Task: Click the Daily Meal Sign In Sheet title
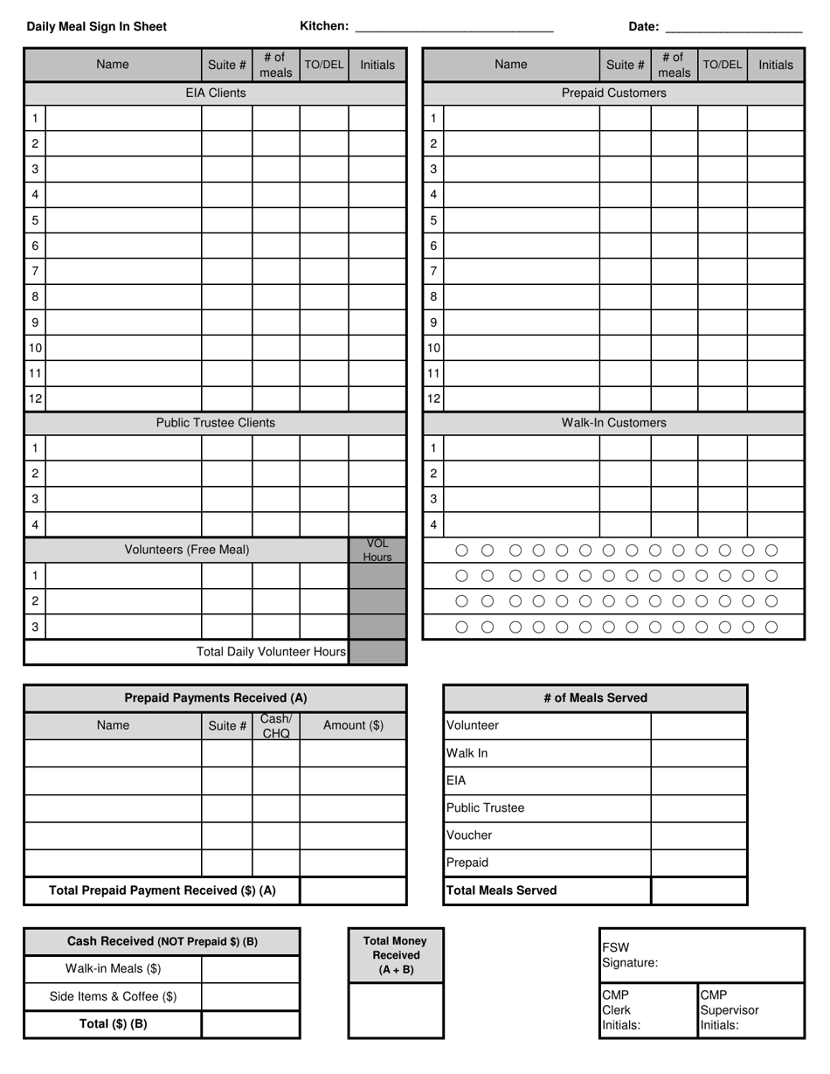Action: [x=96, y=26]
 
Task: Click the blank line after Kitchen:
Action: [x=453, y=27]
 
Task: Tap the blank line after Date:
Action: [x=733, y=27]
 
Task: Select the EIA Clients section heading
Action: [x=215, y=93]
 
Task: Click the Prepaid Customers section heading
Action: [x=613, y=93]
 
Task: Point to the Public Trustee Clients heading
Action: [x=215, y=423]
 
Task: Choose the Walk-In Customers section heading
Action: [x=613, y=423]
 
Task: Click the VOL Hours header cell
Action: [x=377, y=551]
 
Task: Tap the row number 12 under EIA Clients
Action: [x=35, y=398]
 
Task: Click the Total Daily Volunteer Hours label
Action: [x=271, y=652]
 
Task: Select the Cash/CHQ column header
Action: [x=276, y=726]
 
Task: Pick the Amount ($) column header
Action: [x=353, y=725]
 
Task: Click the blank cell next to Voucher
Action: [x=699, y=835]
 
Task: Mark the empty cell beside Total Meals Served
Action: [x=699, y=890]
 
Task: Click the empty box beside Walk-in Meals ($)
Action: [x=251, y=969]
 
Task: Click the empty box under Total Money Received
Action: [x=396, y=1010]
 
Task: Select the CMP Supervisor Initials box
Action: [x=750, y=1010]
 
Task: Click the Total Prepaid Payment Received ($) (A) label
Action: [x=163, y=890]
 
